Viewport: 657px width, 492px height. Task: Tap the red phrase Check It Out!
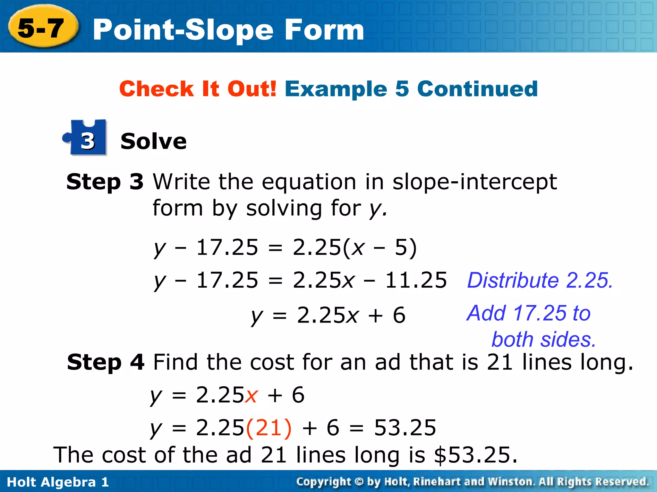tap(198, 89)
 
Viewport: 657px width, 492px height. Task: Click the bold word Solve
tap(153, 141)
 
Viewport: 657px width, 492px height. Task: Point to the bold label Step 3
tap(105, 182)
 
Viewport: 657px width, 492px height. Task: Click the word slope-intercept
tap(474, 182)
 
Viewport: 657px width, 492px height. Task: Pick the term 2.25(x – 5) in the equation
tap(354, 247)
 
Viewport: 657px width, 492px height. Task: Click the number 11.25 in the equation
tap(416, 280)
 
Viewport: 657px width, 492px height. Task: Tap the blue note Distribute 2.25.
tap(540, 280)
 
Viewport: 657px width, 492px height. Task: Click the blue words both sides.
tap(544, 340)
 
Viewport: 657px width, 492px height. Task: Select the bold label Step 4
tap(106, 362)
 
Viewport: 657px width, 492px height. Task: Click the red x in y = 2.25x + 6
tap(251, 395)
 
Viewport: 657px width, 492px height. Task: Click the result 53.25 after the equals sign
tap(405, 428)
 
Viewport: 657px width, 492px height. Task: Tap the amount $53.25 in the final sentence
tap(475, 455)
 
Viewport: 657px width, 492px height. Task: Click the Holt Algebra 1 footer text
tap(58, 482)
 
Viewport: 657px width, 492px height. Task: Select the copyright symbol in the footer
tap(359, 482)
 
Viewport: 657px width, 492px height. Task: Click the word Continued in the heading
tap(477, 89)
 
